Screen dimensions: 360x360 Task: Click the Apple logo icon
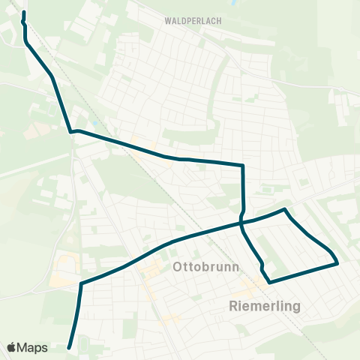click(12, 347)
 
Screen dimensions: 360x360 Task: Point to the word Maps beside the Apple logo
click(33, 347)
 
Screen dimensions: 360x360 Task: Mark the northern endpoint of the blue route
click(24, 13)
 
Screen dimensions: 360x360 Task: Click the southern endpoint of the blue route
click(69, 347)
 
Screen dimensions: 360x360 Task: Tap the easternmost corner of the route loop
click(338, 263)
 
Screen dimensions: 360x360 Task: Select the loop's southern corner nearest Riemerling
click(269, 282)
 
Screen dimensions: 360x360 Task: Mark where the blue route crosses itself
click(241, 223)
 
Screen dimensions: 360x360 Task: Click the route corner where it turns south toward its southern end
click(80, 283)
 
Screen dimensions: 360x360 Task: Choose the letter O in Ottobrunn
click(178, 267)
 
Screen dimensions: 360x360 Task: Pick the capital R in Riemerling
click(232, 306)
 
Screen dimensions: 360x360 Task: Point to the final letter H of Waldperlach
click(218, 21)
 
